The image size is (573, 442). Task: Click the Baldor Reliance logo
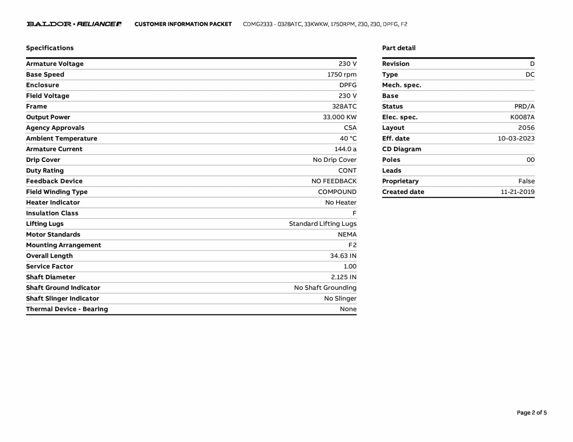tap(74, 24)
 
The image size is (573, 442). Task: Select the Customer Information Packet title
tap(183, 24)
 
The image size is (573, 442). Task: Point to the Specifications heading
tap(50, 48)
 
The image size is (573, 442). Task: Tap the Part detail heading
tap(399, 48)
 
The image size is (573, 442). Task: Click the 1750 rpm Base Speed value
tap(342, 75)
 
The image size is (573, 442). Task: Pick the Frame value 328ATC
tap(344, 106)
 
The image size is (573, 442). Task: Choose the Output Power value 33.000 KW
tap(340, 117)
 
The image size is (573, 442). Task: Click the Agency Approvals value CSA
tap(350, 128)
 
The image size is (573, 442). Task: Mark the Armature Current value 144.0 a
tap(345, 149)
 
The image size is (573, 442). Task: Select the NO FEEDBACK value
tap(334, 181)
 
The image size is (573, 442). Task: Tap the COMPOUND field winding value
tap(337, 192)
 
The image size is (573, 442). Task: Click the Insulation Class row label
tap(52, 213)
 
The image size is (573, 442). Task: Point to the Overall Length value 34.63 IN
tap(343, 256)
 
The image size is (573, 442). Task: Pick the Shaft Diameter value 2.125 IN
tap(344, 277)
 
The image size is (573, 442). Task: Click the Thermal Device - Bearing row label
tap(67, 309)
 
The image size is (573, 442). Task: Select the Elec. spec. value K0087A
tap(522, 117)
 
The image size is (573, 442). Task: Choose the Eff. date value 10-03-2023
tap(516, 139)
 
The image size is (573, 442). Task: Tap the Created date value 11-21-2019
tap(517, 192)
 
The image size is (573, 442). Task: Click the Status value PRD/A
tap(524, 106)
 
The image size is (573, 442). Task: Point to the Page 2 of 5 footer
tap(532, 413)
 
